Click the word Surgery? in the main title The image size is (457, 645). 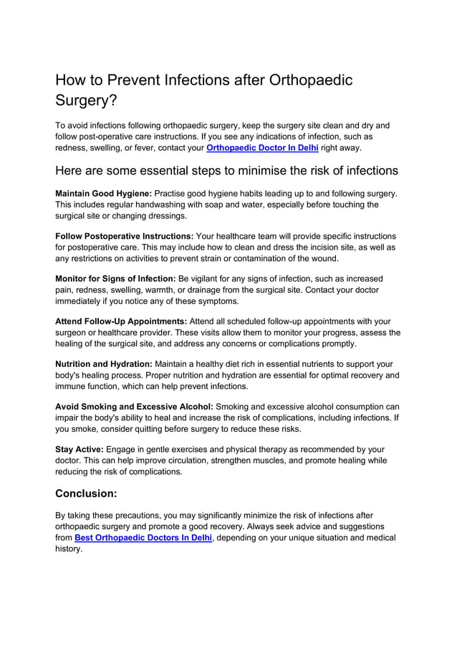coord(86,101)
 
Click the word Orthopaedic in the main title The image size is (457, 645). coord(310,79)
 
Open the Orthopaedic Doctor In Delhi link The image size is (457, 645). coord(262,148)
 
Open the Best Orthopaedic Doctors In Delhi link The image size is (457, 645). coord(143,538)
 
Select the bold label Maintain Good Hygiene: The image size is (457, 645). coord(104,193)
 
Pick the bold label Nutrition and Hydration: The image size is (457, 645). coord(104,364)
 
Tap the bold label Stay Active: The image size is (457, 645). coord(80,449)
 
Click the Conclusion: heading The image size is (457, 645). coord(86,493)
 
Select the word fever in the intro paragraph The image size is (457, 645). coord(146,148)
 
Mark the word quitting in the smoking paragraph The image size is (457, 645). coord(161,429)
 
